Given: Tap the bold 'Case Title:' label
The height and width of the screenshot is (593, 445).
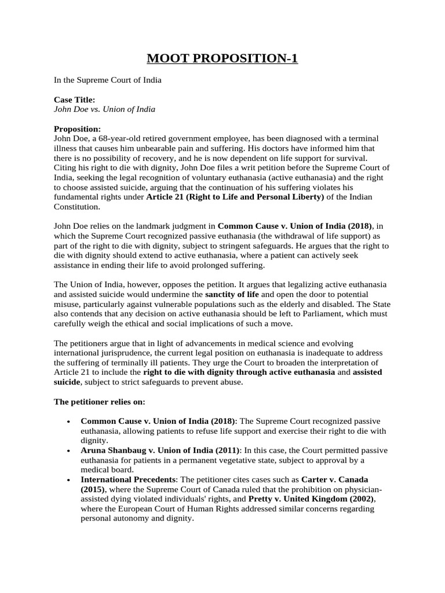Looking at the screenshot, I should [x=74, y=100].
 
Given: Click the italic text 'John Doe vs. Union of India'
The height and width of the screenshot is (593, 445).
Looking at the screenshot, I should [x=104, y=109].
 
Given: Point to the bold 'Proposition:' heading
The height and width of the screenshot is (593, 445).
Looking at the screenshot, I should [x=77, y=129].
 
